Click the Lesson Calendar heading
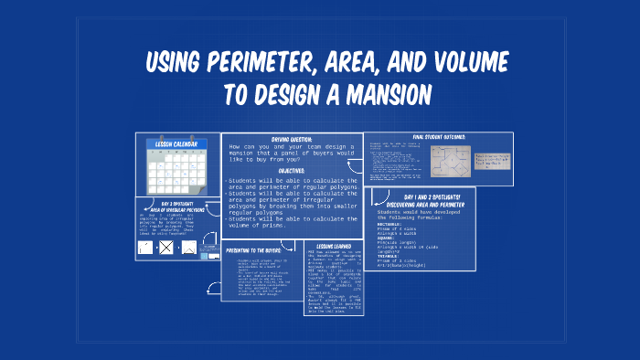pyautogui.click(x=177, y=143)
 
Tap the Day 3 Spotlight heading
pyautogui.click(x=178, y=203)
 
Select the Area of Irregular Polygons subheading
pyautogui.click(x=178, y=210)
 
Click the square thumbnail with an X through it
pyautogui.click(x=165, y=246)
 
